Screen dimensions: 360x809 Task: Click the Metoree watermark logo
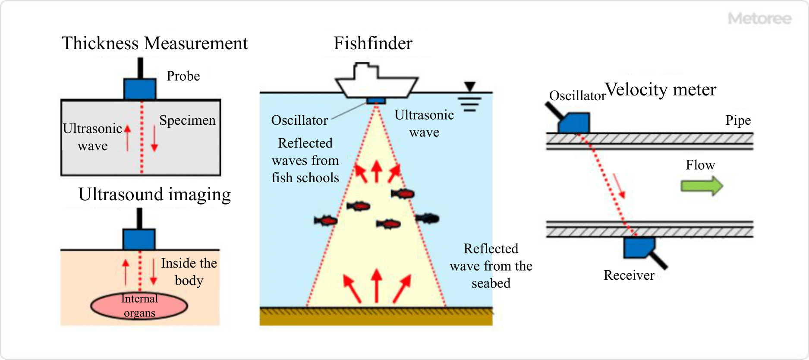[759, 19]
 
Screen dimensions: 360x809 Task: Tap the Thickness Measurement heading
[154, 43]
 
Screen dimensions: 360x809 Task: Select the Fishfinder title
[373, 43]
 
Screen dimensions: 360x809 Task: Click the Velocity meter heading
[661, 89]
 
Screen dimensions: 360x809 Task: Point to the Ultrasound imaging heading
[154, 194]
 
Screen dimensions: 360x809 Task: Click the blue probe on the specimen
[140, 89]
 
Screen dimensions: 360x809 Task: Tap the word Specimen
[187, 120]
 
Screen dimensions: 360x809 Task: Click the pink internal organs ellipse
[139, 306]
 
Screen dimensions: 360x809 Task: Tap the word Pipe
[738, 120]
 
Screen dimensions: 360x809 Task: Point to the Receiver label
[629, 275]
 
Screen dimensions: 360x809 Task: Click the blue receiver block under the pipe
[639, 247]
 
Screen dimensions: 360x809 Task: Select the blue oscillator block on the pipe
[574, 123]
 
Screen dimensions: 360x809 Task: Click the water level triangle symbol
[470, 86]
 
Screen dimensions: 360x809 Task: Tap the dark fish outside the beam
[428, 218]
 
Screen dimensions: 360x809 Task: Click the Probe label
[183, 76]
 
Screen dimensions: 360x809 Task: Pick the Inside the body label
[189, 272]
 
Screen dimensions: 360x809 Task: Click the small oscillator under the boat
[376, 101]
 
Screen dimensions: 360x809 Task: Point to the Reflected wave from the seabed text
[491, 265]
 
